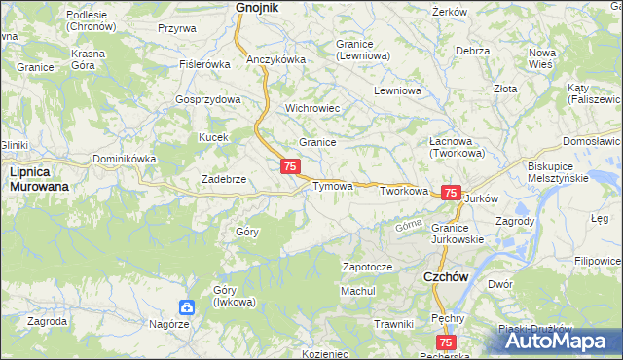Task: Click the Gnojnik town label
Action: tap(257, 8)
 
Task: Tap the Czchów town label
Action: tap(447, 277)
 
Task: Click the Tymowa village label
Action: tap(331, 186)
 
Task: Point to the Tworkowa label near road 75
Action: tap(404, 192)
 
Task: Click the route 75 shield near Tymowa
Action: tap(290, 167)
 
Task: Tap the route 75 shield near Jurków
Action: tap(451, 194)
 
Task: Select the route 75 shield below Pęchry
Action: tap(447, 342)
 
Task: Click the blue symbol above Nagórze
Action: tap(186, 307)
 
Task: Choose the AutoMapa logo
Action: tap(563, 341)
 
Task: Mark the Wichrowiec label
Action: tap(311, 108)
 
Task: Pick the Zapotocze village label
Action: tap(367, 267)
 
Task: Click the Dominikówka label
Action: tap(124, 159)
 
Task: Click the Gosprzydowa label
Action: tap(207, 100)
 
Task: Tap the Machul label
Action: tap(357, 291)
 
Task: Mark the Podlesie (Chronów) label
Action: tap(93, 20)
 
